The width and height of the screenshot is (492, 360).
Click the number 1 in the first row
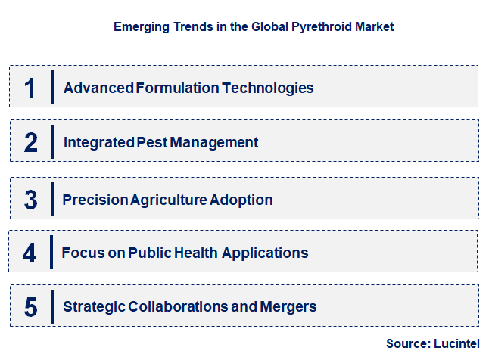[30, 88]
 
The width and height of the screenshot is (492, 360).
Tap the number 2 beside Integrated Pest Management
[31, 142]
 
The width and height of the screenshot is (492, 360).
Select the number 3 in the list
[30, 200]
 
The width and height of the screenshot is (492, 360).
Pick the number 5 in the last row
[30, 307]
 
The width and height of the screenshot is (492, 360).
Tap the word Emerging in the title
[139, 26]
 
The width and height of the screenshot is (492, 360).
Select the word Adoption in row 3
[241, 200]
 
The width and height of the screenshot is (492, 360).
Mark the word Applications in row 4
[267, 253]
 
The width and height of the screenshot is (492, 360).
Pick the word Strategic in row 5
[94, 306]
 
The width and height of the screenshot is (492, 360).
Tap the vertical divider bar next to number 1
[52, 87]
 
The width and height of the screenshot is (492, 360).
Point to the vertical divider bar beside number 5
[52, 306]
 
